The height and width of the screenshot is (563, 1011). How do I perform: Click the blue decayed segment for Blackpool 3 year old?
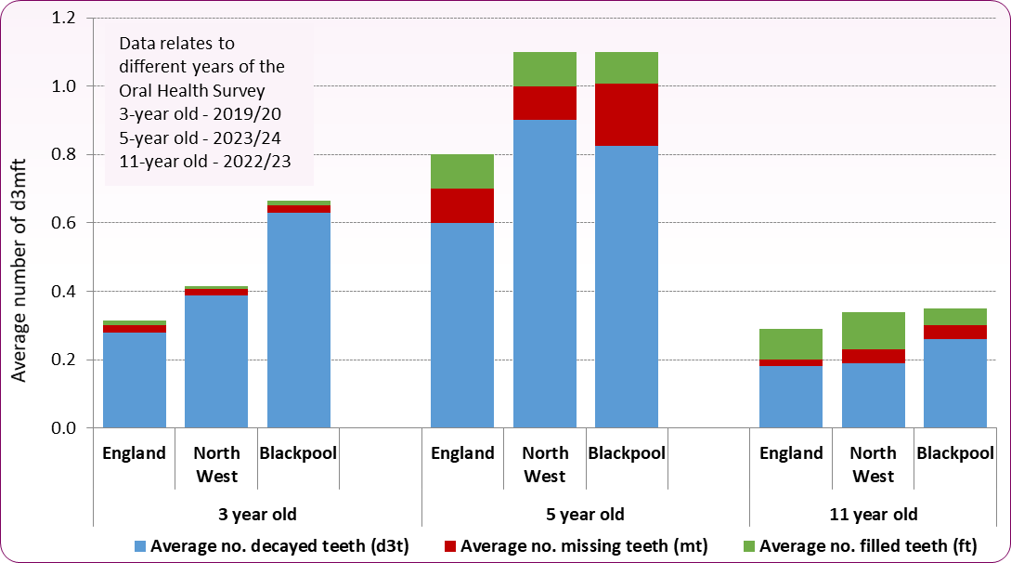298,320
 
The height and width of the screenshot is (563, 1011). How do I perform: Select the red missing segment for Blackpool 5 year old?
627,114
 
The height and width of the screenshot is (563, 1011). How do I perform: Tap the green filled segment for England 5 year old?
461,171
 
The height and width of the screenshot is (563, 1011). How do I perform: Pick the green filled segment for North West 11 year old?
873,331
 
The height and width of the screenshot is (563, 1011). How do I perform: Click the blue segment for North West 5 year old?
544,273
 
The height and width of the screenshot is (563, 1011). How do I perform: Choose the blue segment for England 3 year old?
135,380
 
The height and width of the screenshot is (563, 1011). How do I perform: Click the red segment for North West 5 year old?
544,103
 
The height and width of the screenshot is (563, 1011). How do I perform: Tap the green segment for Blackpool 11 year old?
954,317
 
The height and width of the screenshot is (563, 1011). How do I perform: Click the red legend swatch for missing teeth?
450,546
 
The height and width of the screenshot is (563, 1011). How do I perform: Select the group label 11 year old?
874,514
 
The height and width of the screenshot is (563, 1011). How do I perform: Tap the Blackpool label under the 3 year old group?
298,453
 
